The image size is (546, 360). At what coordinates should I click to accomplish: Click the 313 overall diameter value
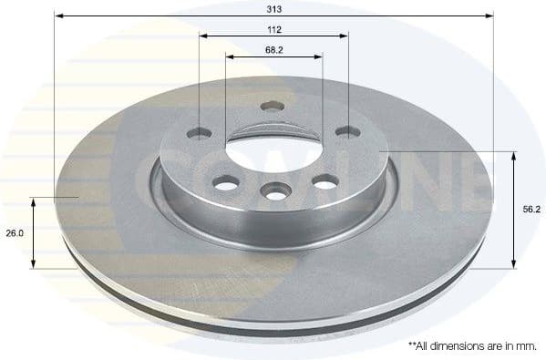coord(273,7)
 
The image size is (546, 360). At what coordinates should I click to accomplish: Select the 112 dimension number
coord(273,28)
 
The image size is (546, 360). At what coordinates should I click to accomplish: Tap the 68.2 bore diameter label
coord(273,49)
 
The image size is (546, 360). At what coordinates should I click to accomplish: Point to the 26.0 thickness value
coord(15,233)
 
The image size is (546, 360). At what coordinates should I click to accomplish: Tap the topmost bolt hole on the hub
coord(272,106)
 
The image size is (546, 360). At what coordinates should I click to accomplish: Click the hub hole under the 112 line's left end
coord(199,133)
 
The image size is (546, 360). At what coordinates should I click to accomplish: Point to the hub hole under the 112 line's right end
coord(347,132)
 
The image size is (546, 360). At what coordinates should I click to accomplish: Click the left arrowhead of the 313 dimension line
coord(58,15)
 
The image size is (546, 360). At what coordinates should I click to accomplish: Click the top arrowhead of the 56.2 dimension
coord(513,156)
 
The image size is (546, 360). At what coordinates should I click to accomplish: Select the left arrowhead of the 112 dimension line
coord(203,36)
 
